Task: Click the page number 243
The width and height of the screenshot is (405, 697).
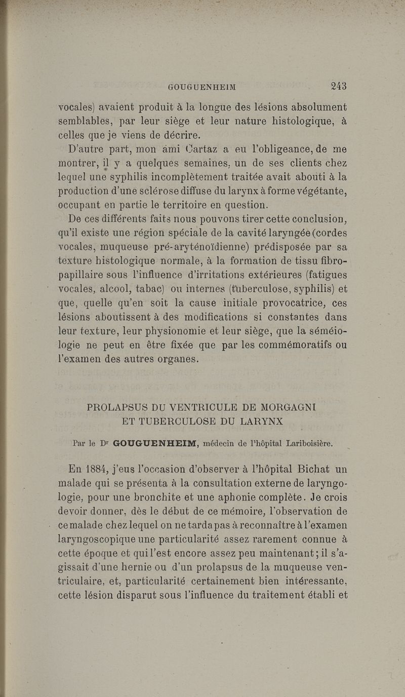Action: point(339,86)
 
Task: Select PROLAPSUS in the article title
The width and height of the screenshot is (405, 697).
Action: point(118,407)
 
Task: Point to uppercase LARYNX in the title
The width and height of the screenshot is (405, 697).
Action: point(258,421)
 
